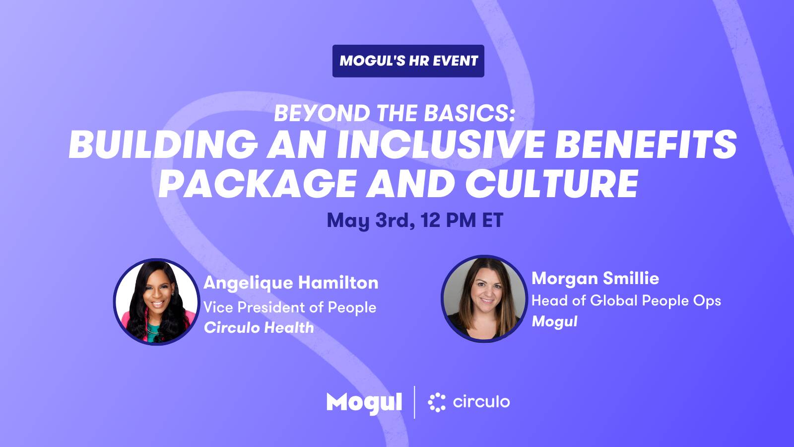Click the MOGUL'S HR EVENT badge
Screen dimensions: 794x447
click(x=408, y=61)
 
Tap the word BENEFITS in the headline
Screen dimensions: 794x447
click(x=646, y=145)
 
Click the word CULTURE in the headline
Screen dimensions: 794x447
click(x=552, y=183)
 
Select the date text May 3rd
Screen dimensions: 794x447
click(x=371, y=221)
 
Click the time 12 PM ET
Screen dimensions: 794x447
click(x=462, y=220)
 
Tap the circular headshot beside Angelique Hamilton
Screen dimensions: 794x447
click(x=156, y=302)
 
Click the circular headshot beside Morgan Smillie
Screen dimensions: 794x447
click(x=484, y=298)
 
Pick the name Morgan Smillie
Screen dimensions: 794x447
click(x=595, y=279)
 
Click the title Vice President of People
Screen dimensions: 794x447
click(x=290, y=307)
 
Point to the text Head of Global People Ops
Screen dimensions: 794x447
click(x=626, y=301)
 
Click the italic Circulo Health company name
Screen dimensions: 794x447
click(x=259, y=327)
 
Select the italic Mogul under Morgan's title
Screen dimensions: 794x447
click(x=554, y=322)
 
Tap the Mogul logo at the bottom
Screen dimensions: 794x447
click(x=364, y=403)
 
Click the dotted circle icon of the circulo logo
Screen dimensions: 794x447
click(x=437, y=402)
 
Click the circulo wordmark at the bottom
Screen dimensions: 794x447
click(x=481, y=402)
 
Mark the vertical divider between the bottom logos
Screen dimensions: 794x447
click(x=414, y=402)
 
